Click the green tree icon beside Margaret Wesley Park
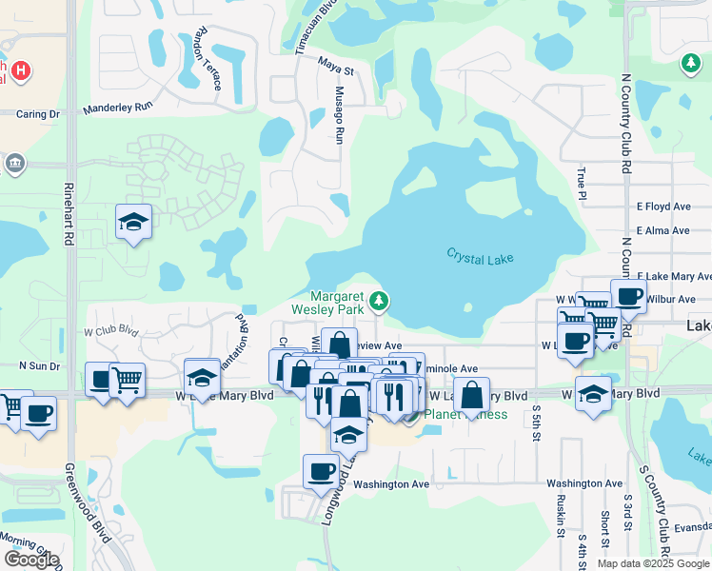(x=380, y=301)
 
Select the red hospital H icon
(x=20, y=71)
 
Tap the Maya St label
(x=336, y=70)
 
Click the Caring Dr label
(x=38, y=114)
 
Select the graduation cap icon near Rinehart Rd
(x=134, y=223)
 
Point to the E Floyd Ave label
(x=663, y=206)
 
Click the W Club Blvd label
(x=111, y=332)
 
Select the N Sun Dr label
(x=40, y=364)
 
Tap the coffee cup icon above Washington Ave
(x=321, y=470)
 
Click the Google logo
(x=30, y=560)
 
